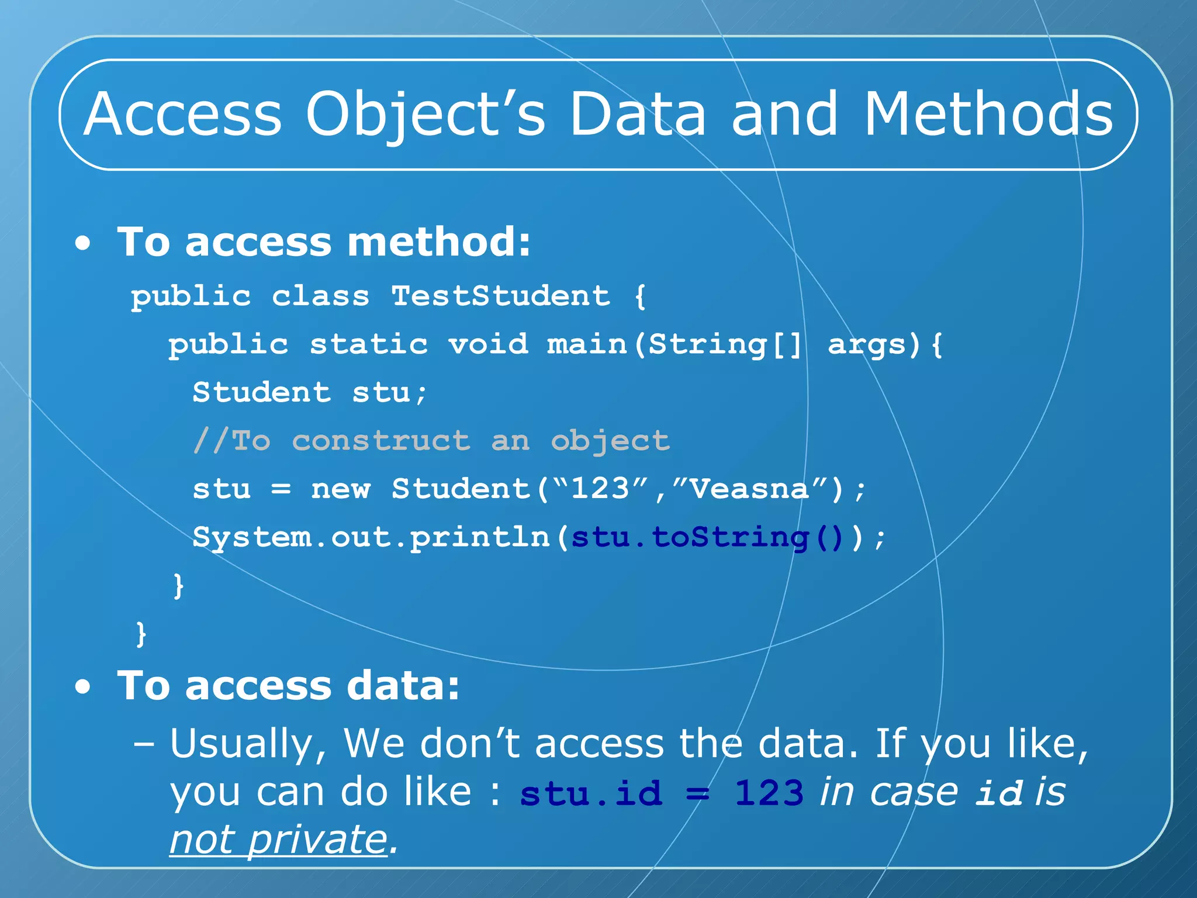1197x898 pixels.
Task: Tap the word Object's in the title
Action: click(425, 115)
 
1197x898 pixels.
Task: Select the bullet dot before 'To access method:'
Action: click(83, 243)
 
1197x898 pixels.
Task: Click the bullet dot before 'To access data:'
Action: click(83, 687)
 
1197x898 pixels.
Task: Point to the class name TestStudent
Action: click(500, 296)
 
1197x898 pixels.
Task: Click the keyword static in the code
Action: click(369, 344)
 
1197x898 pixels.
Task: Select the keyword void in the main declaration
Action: click(488, 344)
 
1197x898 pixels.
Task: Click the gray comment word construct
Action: click(381, 441)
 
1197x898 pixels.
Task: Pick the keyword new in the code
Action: click(341, 489)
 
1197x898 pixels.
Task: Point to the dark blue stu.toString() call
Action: click(707, 537)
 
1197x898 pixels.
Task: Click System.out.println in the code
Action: click(371, 537)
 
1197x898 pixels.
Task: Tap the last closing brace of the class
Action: click(141, 634)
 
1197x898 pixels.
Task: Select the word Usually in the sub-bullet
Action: click(241, 744)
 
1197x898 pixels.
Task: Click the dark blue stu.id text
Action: click(591, 793)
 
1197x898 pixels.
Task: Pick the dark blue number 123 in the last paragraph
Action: click(769, 793)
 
